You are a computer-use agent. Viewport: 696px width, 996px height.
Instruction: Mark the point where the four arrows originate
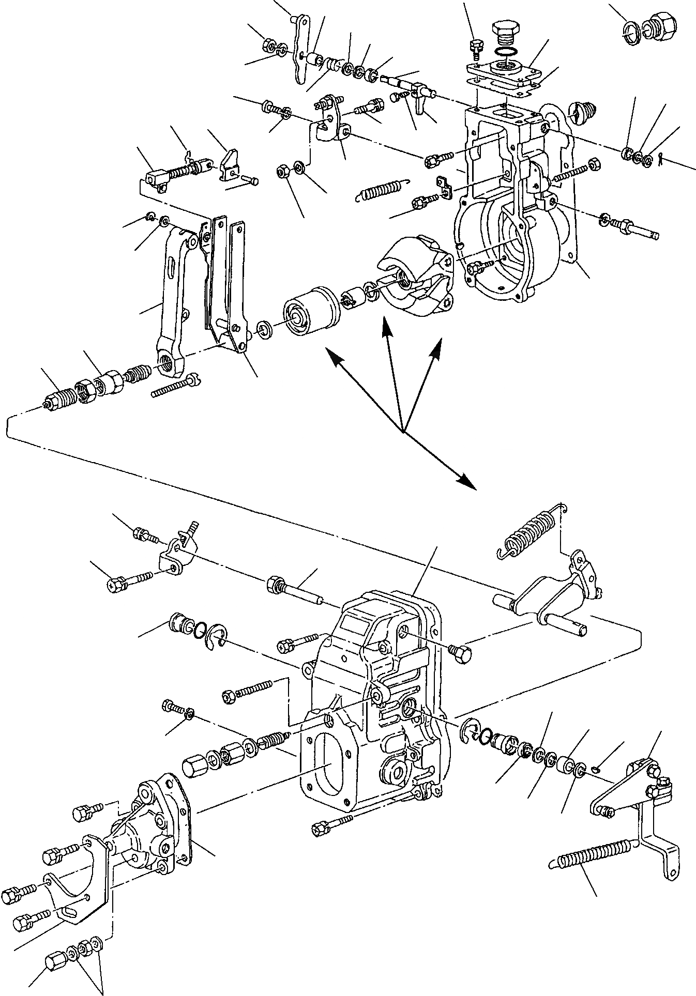point(402,431)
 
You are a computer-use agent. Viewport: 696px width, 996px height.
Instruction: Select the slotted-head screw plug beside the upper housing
point(584,110)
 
